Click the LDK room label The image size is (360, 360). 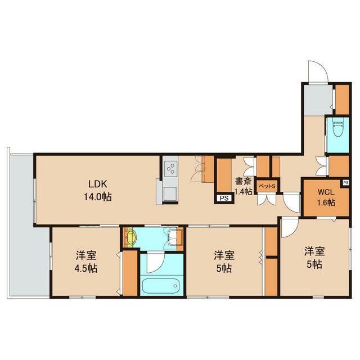tap(98, 184)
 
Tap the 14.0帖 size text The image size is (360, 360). tap(98, 197)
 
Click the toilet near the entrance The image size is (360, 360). tap(337, 129)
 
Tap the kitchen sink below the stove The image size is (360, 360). tap(170, 194)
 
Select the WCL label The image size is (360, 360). tap(326, 192)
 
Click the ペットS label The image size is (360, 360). tap(267, 186)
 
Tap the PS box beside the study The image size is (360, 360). tap(224, 198)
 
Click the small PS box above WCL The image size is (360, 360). tap(345, 182)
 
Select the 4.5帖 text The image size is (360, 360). tap(86, 268)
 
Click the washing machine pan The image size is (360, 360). tap(175, 237)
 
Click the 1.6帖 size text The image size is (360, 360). tap(326, 202)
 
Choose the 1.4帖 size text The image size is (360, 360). tap(244, 191)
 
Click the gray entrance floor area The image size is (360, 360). tap(318, 101)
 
